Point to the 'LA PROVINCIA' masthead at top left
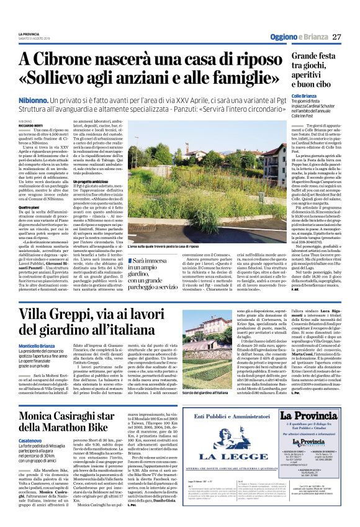coord(29,34)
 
